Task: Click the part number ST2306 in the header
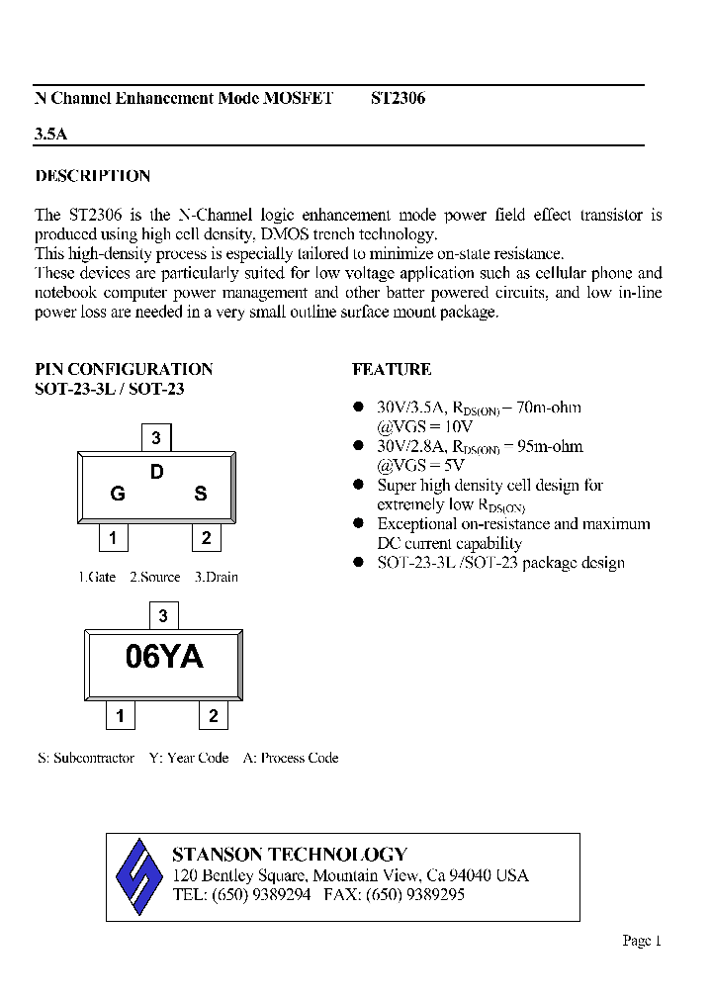point(398,99)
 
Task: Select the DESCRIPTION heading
point(93,176)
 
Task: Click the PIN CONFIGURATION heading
point(124,369)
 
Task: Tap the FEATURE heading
point(392,369)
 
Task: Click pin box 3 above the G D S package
point(156,437)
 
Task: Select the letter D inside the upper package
point(156,473)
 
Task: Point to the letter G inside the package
point(118,494)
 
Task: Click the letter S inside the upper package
point(200,494)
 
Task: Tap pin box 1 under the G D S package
point(114,538)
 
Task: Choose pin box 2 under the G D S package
point(206,538)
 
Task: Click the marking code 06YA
point(164,657)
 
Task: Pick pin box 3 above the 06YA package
point(163,615)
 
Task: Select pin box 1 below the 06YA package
point(121,716)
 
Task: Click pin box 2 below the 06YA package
point(213,716)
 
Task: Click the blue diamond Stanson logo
point(138,876)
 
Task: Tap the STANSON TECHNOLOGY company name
point(289,855)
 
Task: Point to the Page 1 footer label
point(641,941)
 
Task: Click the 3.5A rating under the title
point(51,134)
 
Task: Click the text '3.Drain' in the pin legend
point(216,577)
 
